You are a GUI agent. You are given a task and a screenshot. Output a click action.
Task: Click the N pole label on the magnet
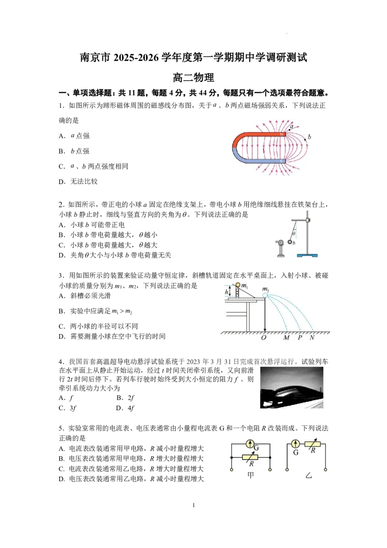pos(282,135)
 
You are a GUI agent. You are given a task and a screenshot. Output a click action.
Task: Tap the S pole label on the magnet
pos(282,161)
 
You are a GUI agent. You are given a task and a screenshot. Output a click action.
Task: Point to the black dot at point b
pos(305,139)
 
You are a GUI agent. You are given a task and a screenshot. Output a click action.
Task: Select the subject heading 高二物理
pos(193,77)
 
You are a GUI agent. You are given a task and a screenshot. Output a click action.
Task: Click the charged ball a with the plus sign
pos(281,242)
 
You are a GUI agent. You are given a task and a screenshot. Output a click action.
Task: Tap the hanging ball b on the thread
pos(290,242)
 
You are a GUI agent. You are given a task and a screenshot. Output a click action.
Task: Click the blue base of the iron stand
pos(307,256)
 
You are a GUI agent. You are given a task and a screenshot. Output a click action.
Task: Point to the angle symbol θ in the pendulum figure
pos(294,233)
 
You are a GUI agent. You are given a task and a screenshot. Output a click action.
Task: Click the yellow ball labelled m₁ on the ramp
pos(238,285)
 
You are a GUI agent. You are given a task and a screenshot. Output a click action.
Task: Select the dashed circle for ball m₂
pos(265,295)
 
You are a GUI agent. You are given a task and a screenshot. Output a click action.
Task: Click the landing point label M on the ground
pos(286,337)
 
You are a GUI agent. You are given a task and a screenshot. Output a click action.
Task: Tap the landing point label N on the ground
pos(312,337)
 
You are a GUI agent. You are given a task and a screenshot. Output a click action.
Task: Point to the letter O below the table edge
pos(264,337)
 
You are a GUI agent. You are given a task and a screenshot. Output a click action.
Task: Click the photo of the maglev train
pos(292,388)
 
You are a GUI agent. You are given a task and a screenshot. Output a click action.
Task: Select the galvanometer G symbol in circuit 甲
pos(250,444)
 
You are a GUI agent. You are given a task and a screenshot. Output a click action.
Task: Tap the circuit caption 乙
pos(309,475)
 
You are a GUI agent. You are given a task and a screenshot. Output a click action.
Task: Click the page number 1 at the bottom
pos(193,505)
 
